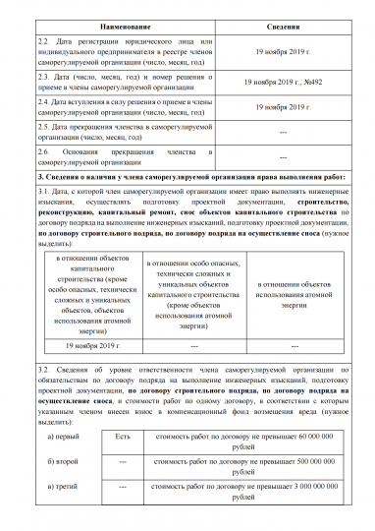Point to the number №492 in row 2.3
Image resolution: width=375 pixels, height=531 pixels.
(312, 85)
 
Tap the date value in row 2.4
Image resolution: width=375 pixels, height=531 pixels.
(283, 108)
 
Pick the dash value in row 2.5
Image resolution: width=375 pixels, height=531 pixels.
(283, 133)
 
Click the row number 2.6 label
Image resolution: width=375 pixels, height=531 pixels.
(44, 152)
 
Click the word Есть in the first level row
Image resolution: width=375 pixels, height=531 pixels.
(123, 435)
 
